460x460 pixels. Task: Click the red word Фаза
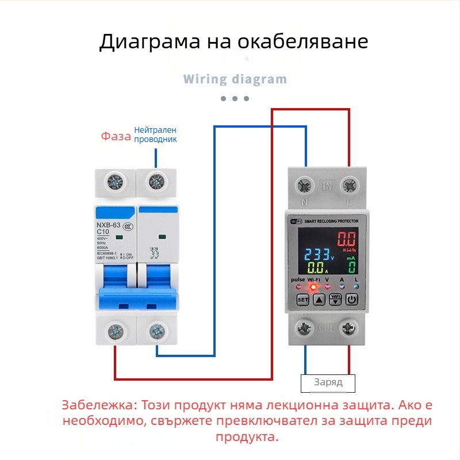coord(116,136)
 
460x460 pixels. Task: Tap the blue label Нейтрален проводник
coord(155,135)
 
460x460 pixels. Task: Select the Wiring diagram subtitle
coord(235,79)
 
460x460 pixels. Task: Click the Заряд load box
coord(328,382)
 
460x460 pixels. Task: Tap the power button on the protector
coord(352,300)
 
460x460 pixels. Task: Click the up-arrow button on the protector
coord(319,300)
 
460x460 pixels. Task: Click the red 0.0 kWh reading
coord(347,239)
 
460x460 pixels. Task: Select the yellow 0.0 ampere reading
coord(317,268)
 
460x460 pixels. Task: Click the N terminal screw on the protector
coord(304,186)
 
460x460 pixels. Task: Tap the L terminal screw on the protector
coord(348,186)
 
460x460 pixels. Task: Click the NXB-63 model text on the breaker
coord(108,225)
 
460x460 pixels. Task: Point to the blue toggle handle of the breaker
coord(138,299)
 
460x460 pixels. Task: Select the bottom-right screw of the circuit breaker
coord(156,331)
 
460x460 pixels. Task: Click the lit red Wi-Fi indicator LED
coord(314,286)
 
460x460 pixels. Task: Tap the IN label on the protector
coord(327,186)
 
